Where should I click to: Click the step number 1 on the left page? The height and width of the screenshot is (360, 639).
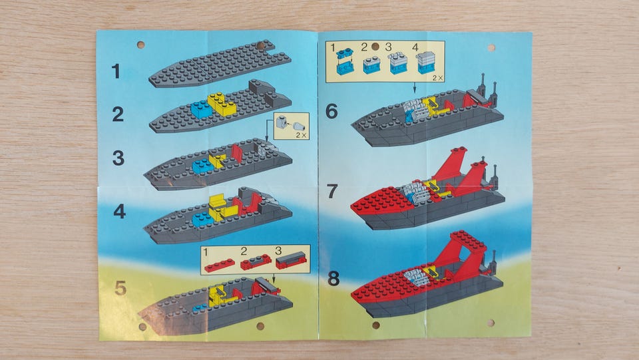(x=116, y=71)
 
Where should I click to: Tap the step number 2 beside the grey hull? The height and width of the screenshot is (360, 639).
(x=118, y=114)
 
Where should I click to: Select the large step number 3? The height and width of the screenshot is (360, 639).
(x=118, y=158)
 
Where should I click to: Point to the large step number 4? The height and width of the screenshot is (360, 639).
(x=119, y=212)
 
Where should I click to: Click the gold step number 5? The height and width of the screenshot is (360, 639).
(x=120, y=288)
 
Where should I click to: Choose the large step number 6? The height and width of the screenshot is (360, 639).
(x=331, y=111)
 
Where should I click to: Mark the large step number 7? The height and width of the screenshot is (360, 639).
(x=332, y=191)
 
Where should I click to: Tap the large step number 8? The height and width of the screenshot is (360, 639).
(x=333, y=279)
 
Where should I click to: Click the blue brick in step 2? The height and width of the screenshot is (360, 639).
(x=202, y=108)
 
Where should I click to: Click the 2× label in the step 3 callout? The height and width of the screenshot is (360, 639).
(x=301, y=135)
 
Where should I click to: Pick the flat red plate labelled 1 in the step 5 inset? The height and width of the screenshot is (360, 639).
(x=219, y=265)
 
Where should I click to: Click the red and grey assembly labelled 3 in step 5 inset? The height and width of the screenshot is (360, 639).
(x=291, y=260)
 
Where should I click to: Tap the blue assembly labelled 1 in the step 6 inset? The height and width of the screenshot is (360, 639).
(x=345, y=61)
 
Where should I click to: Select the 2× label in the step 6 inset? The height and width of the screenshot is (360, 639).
(x=438, y=77)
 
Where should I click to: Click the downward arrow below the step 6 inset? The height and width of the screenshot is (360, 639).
(x=415, y=88)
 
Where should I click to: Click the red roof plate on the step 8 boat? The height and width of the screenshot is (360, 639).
(x=468, y=240)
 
